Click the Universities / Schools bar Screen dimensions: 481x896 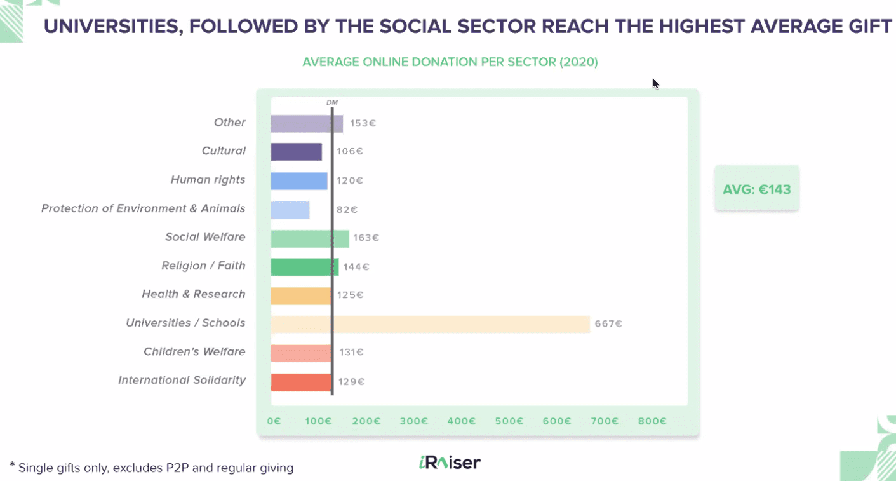[x=430, y=324]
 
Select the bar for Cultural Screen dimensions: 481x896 [x=296, y=152]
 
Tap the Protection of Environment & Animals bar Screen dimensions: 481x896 [x=290, y=210]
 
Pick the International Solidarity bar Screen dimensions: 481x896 [x=301, y=382]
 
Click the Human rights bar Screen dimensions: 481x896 [x=298, y=180]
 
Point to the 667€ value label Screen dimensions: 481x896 [x=608, y=324]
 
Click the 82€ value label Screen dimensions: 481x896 [x=347, y=210]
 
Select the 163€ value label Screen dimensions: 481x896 [x=366, y=238]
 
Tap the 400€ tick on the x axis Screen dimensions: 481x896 [x=462, y=421]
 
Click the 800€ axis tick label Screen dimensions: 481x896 [x=652, y=421]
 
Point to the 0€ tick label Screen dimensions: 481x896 [x=274, y=421]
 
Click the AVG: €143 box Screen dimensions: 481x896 [x=756, y=189]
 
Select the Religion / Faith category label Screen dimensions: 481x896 [x=203, y=266]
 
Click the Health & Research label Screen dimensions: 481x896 [x=193, y=294]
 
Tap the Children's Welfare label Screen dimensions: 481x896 [x=194, y=352]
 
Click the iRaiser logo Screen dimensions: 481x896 [x=450, y=463]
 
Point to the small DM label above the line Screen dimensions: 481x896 [x=332, y=102]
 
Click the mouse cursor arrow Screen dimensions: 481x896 [x=655, y=83]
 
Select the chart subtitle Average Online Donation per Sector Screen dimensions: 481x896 [x=450, y=62]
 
